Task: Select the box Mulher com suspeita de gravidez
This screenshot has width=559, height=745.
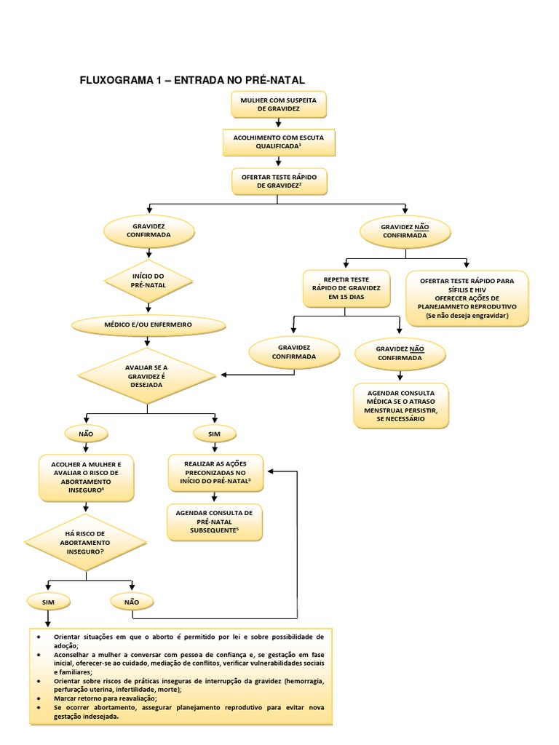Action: [x=278, y=104]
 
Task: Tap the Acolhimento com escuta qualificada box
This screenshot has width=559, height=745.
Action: [x=278, y=142]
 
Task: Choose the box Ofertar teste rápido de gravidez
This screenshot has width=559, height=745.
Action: [x=278, y=181]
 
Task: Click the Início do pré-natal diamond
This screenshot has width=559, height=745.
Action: [x=149, y=280]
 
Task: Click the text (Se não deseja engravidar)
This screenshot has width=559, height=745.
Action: [x=467, y=316]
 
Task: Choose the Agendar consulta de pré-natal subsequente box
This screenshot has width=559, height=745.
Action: [x=214, y=522]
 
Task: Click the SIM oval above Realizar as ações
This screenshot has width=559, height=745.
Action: [x=214, y=434]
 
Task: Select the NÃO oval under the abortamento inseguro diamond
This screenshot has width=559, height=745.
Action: [x=132, y=602]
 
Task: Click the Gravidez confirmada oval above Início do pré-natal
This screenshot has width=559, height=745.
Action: [x=149, y=231]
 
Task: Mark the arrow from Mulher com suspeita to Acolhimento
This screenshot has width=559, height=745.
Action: [x=278, y=124]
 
